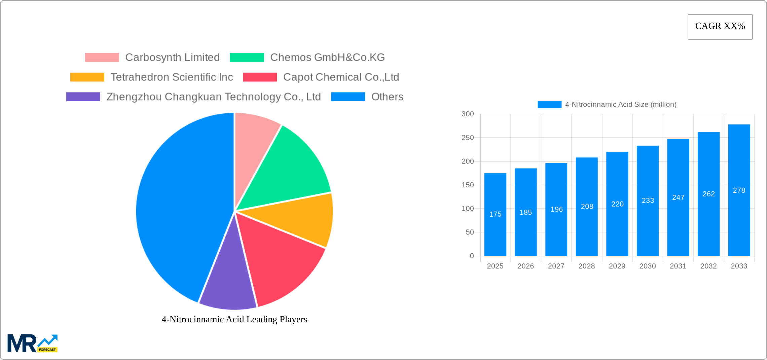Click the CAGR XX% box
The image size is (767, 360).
(x=720, y=27)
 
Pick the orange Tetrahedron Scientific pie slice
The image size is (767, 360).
(x=299, y=219)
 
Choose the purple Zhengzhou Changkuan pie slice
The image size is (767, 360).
(x=229, y=283)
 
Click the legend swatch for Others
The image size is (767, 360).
(x=348, y=97)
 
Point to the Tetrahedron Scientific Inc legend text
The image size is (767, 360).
(x=172, y=77)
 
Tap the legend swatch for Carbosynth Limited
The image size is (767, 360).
(x=102, y=58)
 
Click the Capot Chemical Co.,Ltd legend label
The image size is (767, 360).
(x=341, y=77)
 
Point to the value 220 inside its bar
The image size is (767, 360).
(x=617, y=204)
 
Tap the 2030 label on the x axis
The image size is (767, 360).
(x=648, y=266)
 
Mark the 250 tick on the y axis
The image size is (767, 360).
(x=468, y=138)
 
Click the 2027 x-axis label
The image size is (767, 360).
(x=556, y=266)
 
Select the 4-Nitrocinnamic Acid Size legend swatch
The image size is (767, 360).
(x=549, y=105)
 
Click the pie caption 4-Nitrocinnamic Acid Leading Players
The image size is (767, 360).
(x=234, y=319)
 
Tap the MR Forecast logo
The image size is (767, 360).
(x=33, y=343)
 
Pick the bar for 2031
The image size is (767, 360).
(x=678, y=229)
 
